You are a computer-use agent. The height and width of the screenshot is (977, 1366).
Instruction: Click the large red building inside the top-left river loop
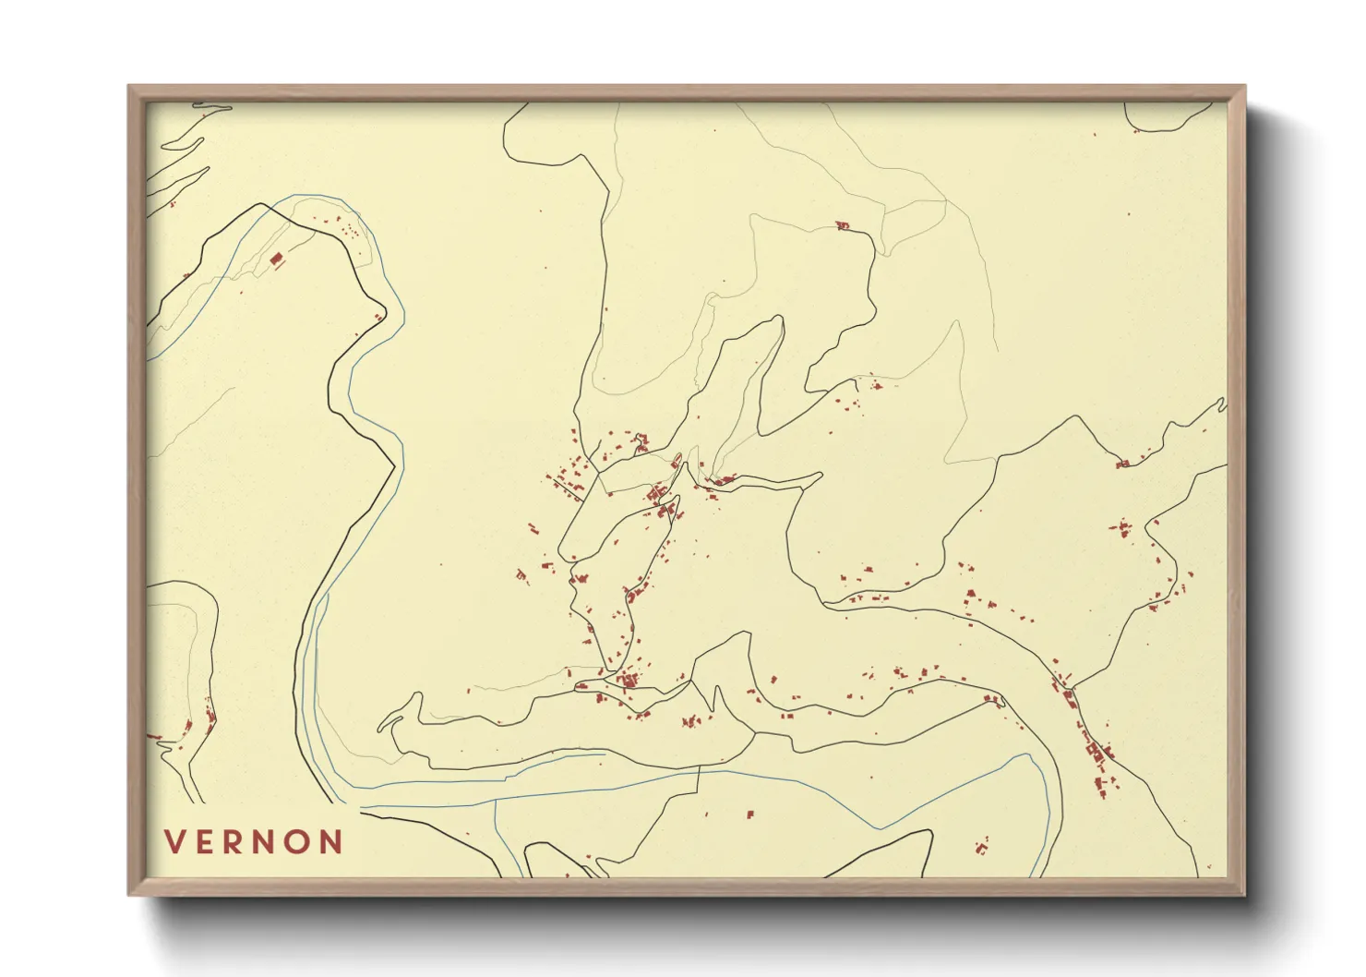[275, 259]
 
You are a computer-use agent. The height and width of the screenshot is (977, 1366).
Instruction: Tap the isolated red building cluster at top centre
[841, 225]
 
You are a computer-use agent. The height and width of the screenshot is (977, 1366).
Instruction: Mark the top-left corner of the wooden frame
[129, 87]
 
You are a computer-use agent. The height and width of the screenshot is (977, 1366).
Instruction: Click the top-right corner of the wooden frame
[1245, 87]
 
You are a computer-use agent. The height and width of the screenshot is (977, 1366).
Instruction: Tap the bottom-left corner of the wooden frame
[129, 894]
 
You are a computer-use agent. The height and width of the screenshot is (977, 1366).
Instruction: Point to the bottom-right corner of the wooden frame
[1245, 894]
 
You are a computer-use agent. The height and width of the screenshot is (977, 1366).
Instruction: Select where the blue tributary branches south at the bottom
[496, 800]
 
